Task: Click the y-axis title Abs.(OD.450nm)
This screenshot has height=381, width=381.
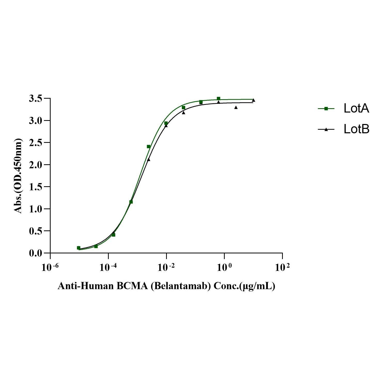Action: [x=18, y=176]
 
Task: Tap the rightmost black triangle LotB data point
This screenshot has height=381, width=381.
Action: [x=253, y=100]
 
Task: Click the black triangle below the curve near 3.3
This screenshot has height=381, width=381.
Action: [x=236, y=107]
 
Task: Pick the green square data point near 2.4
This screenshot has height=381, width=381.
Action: [x=149, y=146]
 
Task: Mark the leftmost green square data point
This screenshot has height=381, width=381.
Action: [x=79, y=248]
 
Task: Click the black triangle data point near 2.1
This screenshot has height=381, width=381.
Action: [x=149, y=160]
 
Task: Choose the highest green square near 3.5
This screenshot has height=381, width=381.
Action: [x=219, y=98]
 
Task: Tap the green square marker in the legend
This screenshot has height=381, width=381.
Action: [x=326, y=109]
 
